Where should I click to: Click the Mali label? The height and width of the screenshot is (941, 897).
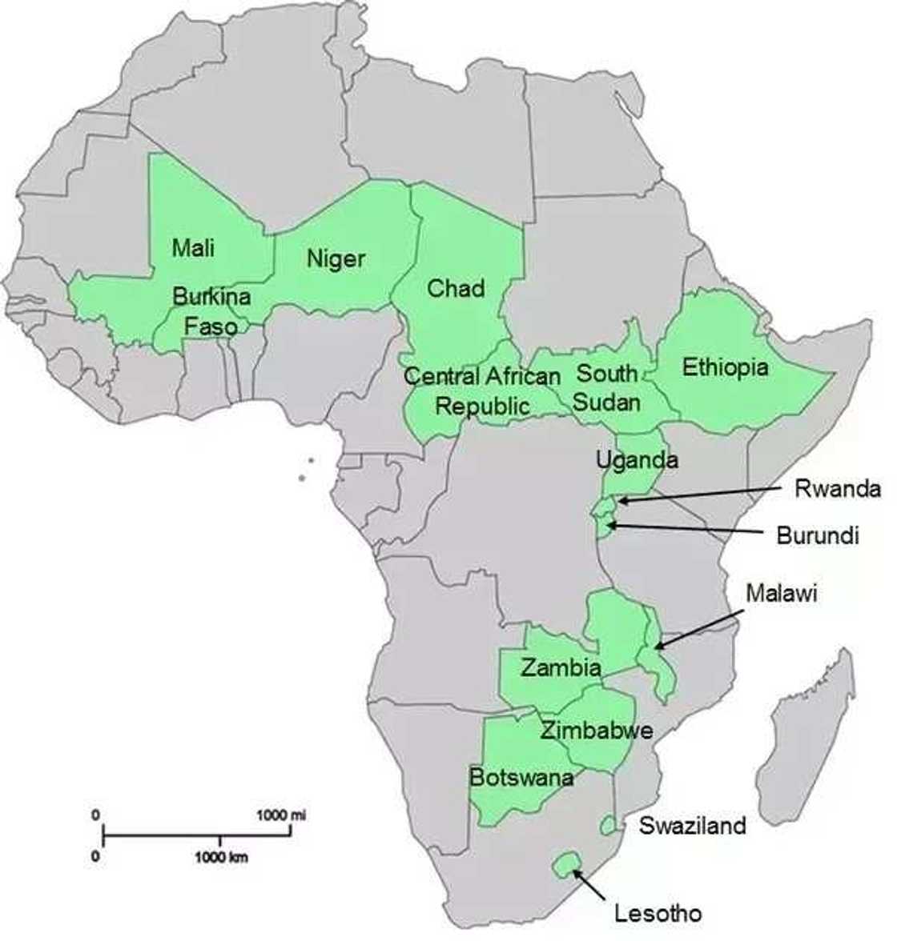pyautogui.click(x=193, y=247)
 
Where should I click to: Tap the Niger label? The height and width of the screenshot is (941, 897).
pyautogui.click(x=336, y=258)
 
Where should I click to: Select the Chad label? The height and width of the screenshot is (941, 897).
pyautogui.click(x=456, y=288)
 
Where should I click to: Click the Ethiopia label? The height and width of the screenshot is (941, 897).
pyautogui.click(x=725, y=367)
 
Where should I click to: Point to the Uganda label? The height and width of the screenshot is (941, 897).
pyautogui.click(x=637, y=460)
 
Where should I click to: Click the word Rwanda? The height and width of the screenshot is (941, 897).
pyautogui.click(x=837, y=488)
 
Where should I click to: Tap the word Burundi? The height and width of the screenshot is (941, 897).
pyautogui.click(x=818, y=535)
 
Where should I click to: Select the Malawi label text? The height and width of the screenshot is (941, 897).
pyautogui.click(x=782, y=593)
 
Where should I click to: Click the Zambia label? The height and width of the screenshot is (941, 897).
pyautogui.click(x=561, y=667)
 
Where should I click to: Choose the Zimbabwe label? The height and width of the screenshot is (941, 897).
pyautogui.click(x=596, y=730)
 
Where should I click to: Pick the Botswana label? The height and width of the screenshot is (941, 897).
pyautogui.click(x=521, y=777)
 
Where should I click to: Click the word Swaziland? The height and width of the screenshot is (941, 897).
pyautogui.click(x=692, y=825)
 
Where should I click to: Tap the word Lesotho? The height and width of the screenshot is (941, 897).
pyautogui.click(x=658, y=912)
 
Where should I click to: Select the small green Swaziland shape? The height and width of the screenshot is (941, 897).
pyautogui.click(x=609, y=824)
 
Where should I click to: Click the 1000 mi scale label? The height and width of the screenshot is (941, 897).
pyautogui.click(x=281, y=815)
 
